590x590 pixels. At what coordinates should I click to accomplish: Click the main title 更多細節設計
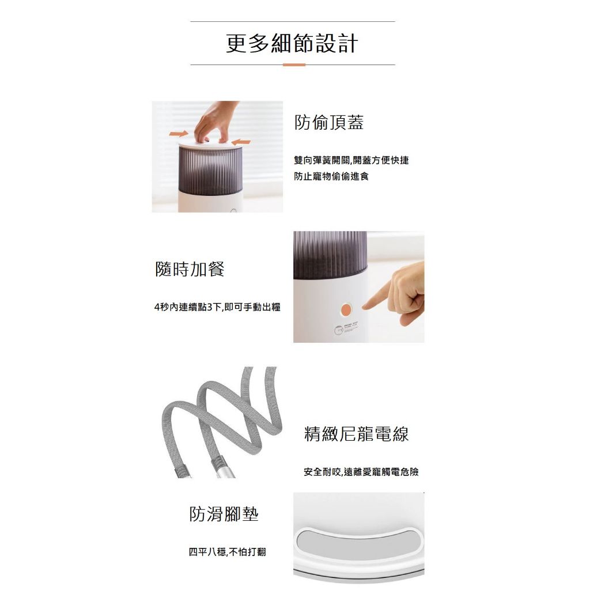coord(292,43)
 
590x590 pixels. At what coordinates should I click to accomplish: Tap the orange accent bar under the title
coord(294,65)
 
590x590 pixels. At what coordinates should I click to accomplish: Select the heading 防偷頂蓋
coord(329,122)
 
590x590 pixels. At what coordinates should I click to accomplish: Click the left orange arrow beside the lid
coord(179,134)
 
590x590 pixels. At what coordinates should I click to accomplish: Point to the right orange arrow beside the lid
coord(241,142)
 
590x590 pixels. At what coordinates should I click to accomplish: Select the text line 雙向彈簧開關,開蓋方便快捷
coord(351,160)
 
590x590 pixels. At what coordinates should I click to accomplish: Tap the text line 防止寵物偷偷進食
coord(331,176)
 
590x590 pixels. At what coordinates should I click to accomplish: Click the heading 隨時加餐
coord(190,269)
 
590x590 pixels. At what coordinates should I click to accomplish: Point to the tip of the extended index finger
coord(364,308)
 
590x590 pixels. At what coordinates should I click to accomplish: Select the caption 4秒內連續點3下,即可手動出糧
coord(217,307)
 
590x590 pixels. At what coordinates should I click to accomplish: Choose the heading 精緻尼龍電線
coord(356,434)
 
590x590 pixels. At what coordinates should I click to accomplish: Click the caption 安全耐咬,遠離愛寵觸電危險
coord(361,472)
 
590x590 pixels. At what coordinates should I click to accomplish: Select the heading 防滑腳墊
coord(224,514)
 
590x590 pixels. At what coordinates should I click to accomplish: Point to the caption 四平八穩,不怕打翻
coord(227,552)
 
